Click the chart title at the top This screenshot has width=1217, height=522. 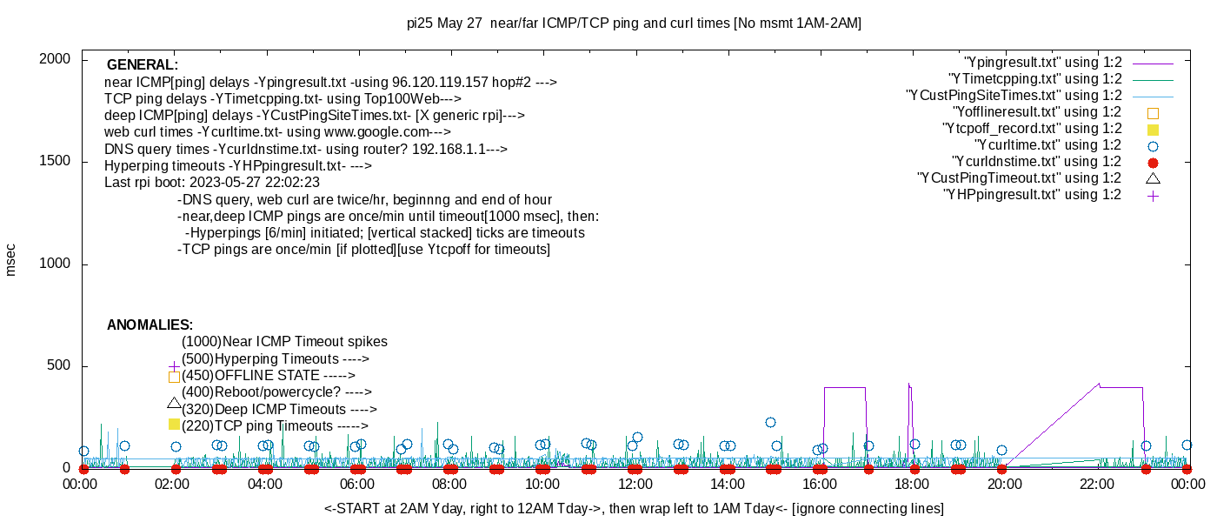(x=634, y=23)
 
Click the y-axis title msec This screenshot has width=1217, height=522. (x=10, y=259)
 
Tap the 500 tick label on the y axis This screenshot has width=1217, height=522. (x=58, y=366)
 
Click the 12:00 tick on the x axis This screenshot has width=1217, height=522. (x=635, y=484)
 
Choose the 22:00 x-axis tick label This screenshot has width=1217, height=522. (x=1095, y=484)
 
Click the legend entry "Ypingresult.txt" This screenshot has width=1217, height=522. (x=1042, y=63)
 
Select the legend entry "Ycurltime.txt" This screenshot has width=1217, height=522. (x=1047, y=145)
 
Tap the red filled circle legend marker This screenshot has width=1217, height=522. (x=1154, y=163)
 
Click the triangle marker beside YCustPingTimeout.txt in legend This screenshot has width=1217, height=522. (x=1154, y=178)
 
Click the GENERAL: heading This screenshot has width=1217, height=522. (x=143, y=65)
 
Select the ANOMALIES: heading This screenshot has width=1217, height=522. (x=150, y=325)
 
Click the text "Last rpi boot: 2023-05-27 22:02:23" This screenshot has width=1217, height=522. (x=212, y=183)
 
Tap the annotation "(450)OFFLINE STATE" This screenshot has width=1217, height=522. (x=267, y=376)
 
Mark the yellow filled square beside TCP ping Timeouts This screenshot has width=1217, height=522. (x=174, y=425)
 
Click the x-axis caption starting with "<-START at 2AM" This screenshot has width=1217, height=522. (x=634, y=508)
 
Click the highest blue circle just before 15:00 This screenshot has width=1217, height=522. (x=770, y=423)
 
